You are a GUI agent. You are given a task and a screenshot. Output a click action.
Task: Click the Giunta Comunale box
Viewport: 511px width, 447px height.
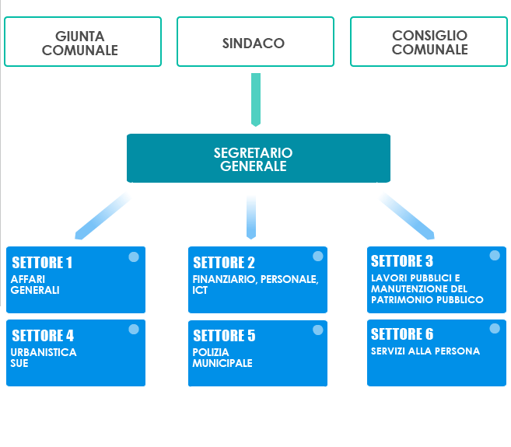coord(82,42)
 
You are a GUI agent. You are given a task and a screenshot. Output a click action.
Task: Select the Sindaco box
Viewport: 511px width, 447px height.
coord(254,42)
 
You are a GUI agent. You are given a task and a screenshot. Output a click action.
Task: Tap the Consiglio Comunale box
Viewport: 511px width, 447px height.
coord(429,42)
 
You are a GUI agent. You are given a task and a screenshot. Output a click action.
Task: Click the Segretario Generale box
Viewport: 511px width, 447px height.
coord(257,159)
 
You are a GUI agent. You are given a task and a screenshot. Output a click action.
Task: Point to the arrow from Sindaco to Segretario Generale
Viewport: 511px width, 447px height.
coord(255,99)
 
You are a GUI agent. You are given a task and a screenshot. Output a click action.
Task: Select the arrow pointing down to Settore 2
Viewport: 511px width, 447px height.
coord(250,216)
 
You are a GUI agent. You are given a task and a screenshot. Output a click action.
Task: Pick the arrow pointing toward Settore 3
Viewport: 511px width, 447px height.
coord(406,214)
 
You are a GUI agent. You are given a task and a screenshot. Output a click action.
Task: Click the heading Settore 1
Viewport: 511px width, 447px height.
coord(42,263)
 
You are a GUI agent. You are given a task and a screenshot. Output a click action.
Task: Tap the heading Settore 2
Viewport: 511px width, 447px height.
coord(224,263)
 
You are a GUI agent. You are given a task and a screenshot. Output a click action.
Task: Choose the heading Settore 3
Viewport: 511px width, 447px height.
coord(402,261)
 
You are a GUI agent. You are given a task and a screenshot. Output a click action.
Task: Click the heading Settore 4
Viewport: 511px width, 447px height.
coord(43,336)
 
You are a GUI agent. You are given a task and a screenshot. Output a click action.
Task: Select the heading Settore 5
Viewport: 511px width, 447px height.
coord(224,336)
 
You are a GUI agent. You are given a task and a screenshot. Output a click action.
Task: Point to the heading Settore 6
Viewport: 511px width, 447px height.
coord(402,334)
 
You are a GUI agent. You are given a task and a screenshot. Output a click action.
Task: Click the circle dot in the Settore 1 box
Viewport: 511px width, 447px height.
coord(134,257)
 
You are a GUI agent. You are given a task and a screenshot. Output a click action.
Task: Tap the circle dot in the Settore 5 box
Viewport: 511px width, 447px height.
coord(317,330)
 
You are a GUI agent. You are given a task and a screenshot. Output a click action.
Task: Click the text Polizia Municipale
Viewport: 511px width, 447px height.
coord(222,358)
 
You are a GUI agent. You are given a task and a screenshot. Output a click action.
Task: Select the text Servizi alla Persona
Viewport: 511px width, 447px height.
coord(425,351)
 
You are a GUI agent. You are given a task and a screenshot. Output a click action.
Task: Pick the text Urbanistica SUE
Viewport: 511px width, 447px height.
coord(44,358)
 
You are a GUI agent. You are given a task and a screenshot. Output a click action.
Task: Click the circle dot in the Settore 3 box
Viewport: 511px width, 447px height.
coord(495,255)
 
